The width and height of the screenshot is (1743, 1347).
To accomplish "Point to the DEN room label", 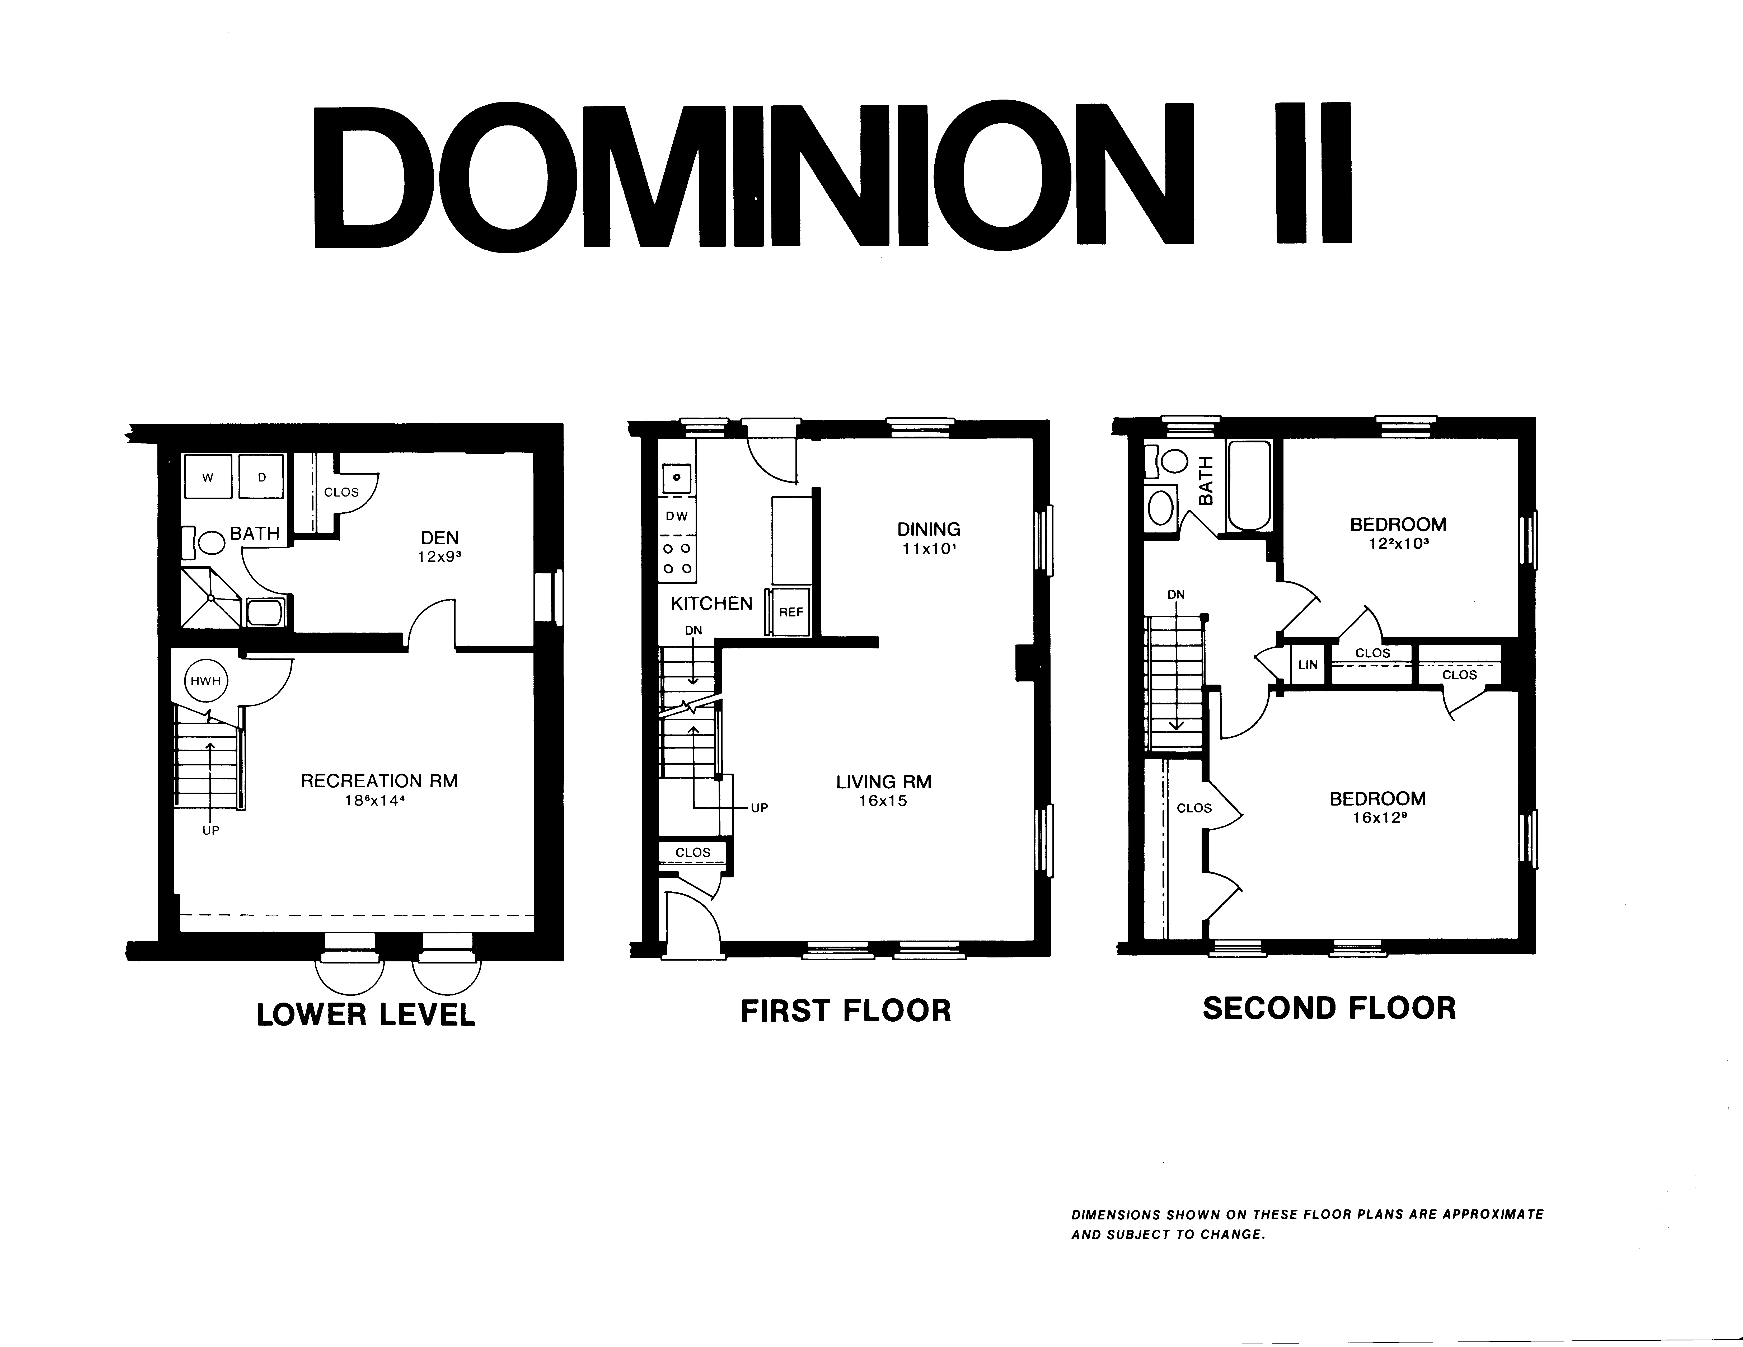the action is pyautogui.click(x=440, y=538).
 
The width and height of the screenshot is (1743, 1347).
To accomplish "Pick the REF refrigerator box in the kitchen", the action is pyautogui.click(x=791, y=612).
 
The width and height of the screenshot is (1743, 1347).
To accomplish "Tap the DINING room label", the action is pyautogui.click(x=929, y=529).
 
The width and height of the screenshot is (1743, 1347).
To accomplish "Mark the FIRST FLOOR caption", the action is pyautogui.click(x=846, y=1010).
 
